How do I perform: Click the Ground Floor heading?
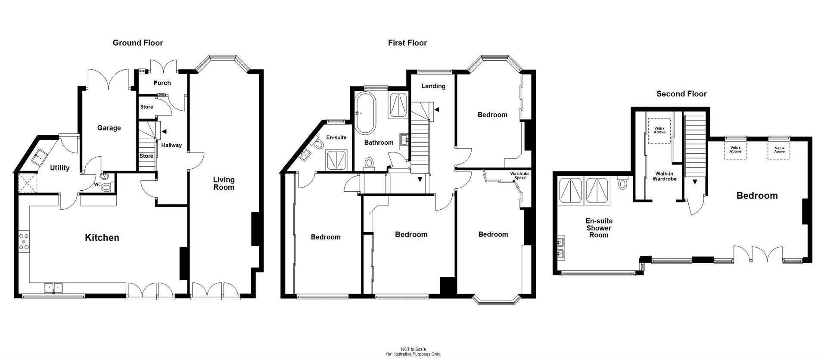click(138, 43)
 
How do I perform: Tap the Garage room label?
click(109, 128)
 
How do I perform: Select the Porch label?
click(162, 83)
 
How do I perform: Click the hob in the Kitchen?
click(24, 242)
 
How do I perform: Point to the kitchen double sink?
click(54, 288)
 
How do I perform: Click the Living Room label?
click(224, 183)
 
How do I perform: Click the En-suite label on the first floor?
click(336, 138)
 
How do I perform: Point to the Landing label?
click(433, 86)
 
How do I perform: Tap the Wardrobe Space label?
click(520, 176)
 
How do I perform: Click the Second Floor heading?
click(681, 94)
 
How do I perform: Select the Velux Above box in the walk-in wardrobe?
click(659, 130)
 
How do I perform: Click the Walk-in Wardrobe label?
click(664, 176)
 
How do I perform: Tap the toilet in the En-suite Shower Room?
click(622, 183)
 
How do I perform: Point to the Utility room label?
click(59, 168)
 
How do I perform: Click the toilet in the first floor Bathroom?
click(369, 163)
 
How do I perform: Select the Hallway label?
click(171, 146)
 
